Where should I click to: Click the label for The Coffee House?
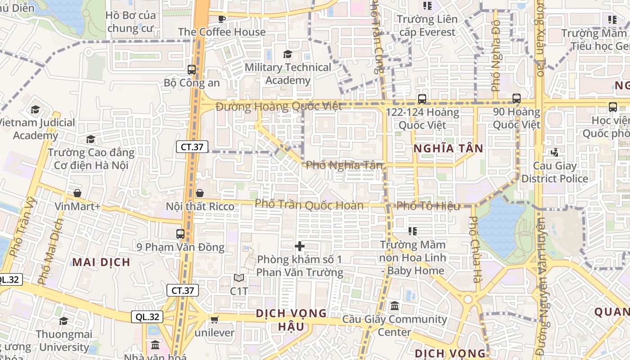pyautogui.click(x=222, y=32)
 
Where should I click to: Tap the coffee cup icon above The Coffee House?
pyautogui.click(x=221, y=18)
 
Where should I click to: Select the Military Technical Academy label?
pyautogui.click(x=288, y=74)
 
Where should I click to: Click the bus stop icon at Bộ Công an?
pyautogui.click(x=192, y=70)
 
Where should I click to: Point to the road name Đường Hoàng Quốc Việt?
pyautogui.click(x=279, y=107)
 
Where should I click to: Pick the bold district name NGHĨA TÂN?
pyautogui.click(x=448, y=148)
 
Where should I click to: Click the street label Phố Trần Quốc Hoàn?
pyautogui.click(x=309, y=205)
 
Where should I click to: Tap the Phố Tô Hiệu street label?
pyautogui.click(x=428, y=206)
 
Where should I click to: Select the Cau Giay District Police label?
pyautogui.click(x=555, y=172)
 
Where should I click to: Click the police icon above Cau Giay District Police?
pyautogui.click(x=555, y=153)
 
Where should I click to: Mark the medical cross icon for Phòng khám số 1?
pyautogui.click(x=300, y=246)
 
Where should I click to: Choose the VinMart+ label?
pyautogui.click(x=78, y=207)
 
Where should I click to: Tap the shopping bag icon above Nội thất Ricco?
pyautogui.click(x=200, y=193)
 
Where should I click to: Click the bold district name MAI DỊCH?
pyautogui.click(x=101, y=262)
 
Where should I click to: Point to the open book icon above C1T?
pyautogui.click(x=239, y=278)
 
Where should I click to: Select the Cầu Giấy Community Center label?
pyautogui.click(x=395, y=326)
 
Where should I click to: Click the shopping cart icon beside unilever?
pyautogui.click(x=214, y=319)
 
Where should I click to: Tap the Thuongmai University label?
pyautogui.click(x=64, y=341)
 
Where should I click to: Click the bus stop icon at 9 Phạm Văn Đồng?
pyautogui.click(x=180, y=234)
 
